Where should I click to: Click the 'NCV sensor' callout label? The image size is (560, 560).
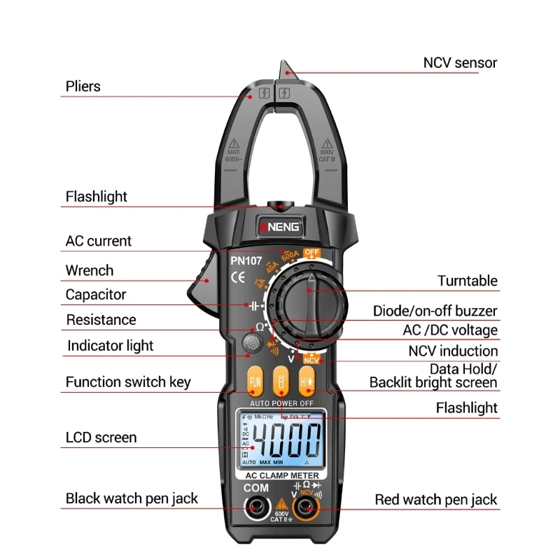[460, 63]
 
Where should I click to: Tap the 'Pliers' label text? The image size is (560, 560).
[83, 87]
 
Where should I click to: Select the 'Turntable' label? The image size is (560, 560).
[468, 281]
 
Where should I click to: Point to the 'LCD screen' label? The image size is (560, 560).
[101, 437]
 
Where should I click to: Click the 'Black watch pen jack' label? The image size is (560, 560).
[132, 498]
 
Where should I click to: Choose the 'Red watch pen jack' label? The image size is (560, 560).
[436, 499]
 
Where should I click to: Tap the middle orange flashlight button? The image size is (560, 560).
[281, 382]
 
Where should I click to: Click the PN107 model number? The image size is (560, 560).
[246, 261]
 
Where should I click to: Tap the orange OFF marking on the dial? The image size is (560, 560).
[311, 253]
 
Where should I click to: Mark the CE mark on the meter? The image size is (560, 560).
[238, 277]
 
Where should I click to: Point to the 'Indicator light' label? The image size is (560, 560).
[110, 346]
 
